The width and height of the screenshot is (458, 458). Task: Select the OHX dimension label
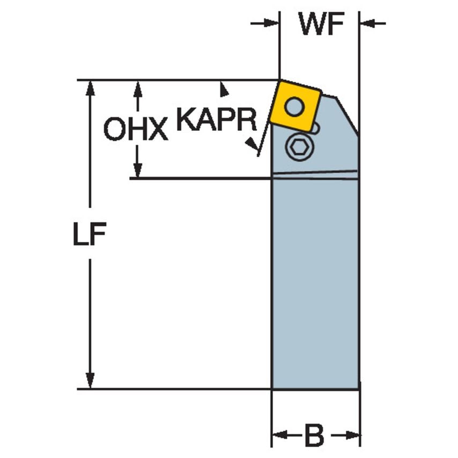[x=135, y=129]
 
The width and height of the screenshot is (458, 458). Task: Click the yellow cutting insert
[x=295, y=106]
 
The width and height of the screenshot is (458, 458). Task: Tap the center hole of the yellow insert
[x=293, y=106]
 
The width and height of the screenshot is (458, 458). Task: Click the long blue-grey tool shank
[x=315, y=279]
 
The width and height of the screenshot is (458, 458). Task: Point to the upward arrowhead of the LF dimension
[x=91, y=88]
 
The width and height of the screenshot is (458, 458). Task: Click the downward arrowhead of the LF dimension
[x=91, y=380]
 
